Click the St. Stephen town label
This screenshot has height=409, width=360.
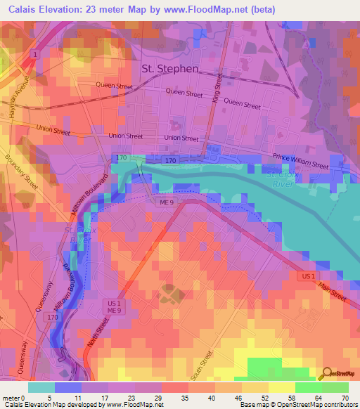point(170,69)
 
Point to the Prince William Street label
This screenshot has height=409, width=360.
point(300,161)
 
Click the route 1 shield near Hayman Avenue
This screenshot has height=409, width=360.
point(33,53)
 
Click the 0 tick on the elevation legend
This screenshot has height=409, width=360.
point(27,398)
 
